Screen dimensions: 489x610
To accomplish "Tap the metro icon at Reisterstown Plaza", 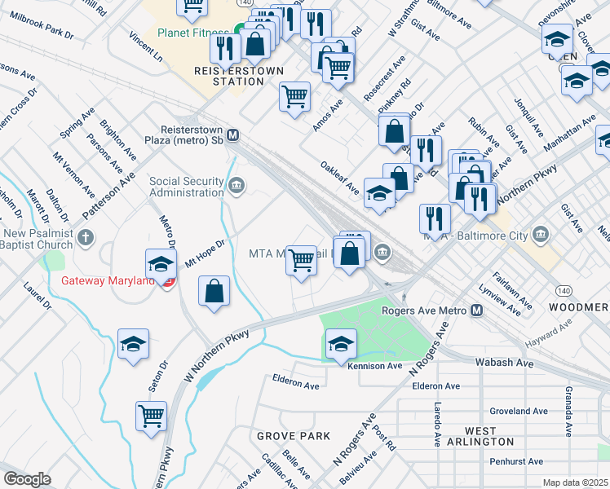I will tap(233, 135).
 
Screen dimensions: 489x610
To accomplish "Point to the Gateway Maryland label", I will tap(108, 281).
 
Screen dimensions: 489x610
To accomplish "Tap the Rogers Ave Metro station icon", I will tap(477, 311).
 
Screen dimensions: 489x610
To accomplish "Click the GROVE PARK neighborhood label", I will tap(294, 436).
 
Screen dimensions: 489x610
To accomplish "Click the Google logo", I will tap(28, 479).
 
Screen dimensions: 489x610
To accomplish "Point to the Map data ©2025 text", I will tap(576, 482).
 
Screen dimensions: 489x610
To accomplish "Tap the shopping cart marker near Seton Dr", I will tap(152, 416).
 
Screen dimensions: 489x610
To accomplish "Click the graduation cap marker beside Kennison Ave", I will tap(341, 343).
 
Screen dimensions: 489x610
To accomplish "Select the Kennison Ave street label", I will tap(375, 367).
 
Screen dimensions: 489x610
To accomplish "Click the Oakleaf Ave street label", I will tap(339, 176).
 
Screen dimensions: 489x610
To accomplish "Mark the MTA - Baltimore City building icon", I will tap(541, 236).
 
